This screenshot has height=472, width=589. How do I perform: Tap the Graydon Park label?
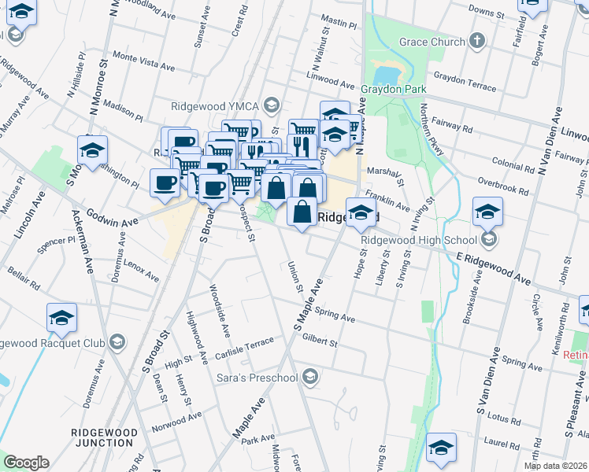[394, 90]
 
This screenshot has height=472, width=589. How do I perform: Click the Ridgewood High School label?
[419, 240]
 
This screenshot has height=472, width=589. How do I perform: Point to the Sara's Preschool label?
[256, 378]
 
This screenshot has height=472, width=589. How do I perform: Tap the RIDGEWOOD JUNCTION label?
[102, 437]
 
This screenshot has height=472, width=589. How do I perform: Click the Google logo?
[25, 463]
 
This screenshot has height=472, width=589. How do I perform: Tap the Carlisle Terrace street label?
[245, 347]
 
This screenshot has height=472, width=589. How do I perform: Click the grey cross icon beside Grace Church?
[476, 41]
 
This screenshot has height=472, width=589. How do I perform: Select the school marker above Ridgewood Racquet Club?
[61, 317]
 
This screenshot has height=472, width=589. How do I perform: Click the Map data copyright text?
[556, 465]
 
